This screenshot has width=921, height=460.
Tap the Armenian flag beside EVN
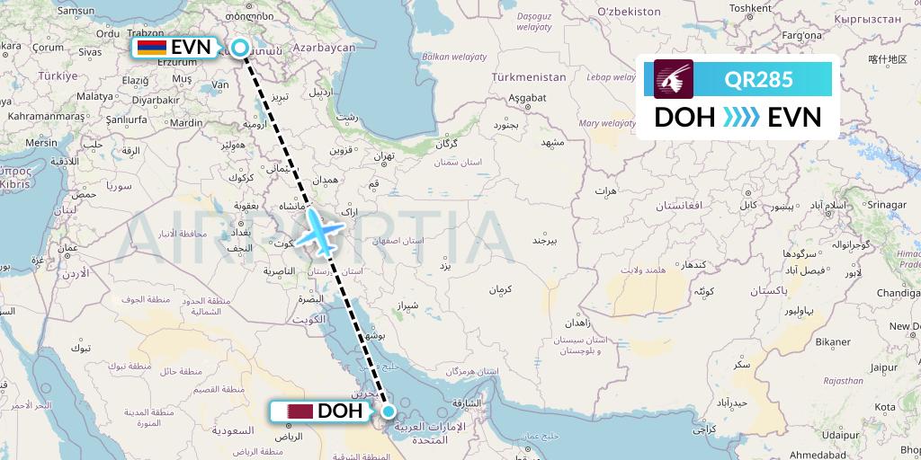tap(150, 48)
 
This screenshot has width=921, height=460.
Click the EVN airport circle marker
tap(241, 48)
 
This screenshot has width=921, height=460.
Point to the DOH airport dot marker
tap(389, 411)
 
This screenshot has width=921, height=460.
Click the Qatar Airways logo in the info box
tap(674, 78)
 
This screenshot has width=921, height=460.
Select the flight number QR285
tap(758, 79)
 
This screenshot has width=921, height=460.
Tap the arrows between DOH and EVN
tap(740, 118)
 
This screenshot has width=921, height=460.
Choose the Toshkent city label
tap(751, 8)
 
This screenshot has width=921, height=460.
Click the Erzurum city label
tap(177, 62)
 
